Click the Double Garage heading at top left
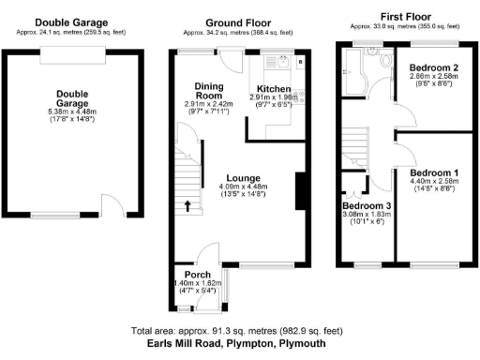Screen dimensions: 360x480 (x=71, y=22)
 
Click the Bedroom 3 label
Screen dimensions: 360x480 (x=364, y=205)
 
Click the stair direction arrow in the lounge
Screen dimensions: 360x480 (x=186, y=206)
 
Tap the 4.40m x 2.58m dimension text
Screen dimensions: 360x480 (x=433, y=183)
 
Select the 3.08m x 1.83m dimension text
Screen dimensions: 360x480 (x=364, y=215)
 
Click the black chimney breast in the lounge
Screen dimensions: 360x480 (x=300, y=191)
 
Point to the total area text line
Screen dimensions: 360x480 (x=240, y=332)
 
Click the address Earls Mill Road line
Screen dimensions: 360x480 (x=240, y=345)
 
